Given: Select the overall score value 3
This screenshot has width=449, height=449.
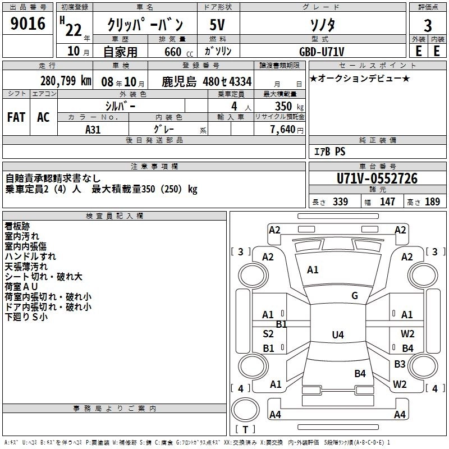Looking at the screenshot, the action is pos(428,26).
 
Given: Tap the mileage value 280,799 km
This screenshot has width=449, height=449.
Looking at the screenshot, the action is pos(66,80).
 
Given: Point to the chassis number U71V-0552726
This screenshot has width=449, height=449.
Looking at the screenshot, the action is pos(377,178).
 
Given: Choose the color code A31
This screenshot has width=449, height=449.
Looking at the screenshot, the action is pos(93,129).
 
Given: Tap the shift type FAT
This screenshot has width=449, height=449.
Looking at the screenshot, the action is pos(16,117).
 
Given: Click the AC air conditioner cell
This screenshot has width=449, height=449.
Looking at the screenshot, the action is pos(43,117).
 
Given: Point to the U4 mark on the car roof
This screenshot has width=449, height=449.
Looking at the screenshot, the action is pos(337,335).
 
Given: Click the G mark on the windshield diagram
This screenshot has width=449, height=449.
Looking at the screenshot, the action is pos(355,296).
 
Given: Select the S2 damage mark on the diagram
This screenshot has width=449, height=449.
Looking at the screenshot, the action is pos(268,334).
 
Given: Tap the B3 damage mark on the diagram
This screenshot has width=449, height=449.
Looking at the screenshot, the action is pos(400,364).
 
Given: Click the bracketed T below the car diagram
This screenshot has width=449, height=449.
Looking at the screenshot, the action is pos(245,430).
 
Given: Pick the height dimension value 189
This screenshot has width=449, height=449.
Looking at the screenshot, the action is pos(432,202).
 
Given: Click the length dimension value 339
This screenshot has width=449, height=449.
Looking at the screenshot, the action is pos(340,202).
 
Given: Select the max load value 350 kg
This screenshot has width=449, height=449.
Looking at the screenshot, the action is pos(286,106).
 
